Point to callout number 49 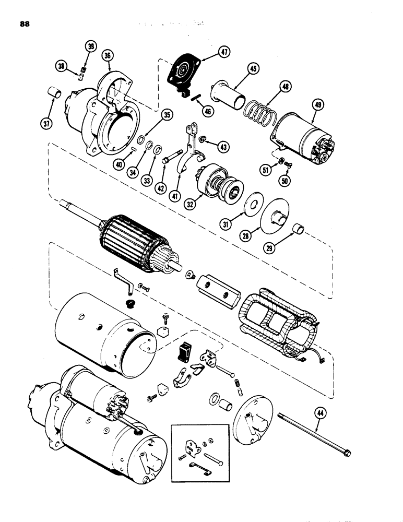pos(317,105)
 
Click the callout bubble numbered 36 pos(108,54)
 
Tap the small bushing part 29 pos(299,229)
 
